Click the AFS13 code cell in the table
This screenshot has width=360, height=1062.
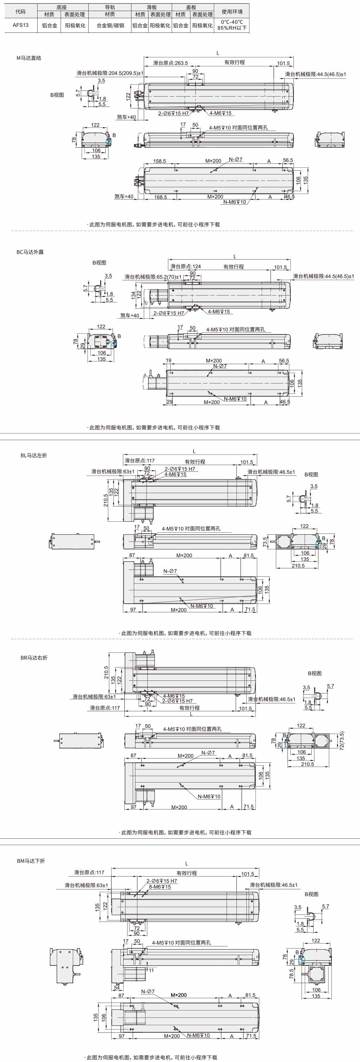tap(21, 25)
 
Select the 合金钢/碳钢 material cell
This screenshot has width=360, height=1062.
tap(110, 26)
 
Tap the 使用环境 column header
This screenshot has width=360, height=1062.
tap(232, 11)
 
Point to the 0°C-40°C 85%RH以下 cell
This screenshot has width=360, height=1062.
tap(232, 25)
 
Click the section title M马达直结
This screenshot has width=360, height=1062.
tap(29, 58)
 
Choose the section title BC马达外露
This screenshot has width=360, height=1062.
tap(30, 252)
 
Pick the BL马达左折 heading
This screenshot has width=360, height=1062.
tap(34, 455)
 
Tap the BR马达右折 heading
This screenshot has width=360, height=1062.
tap(34, 657)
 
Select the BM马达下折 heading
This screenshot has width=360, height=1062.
tap(31, 861)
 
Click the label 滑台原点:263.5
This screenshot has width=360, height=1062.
tap(170, 63)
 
